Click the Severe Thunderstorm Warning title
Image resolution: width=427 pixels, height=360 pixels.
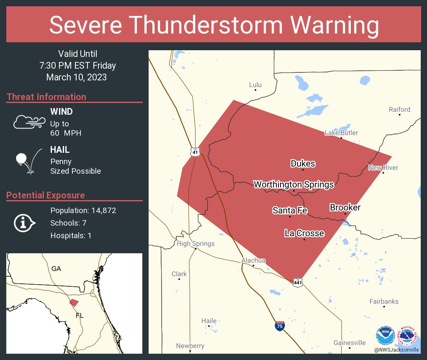click(213, 25)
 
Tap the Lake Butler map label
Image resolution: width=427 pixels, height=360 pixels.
click(341, 133)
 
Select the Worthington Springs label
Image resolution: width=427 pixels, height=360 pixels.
click(294, 184)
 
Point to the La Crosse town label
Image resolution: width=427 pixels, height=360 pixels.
click(304, 233)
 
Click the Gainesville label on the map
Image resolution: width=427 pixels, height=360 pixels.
click(350, 343)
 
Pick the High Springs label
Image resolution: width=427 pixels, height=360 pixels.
click(195, 244)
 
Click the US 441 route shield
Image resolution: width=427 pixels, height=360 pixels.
click(298, 283)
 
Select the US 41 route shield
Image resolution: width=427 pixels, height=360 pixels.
click(195, 152)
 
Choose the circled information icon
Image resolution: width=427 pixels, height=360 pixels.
click(25, 223)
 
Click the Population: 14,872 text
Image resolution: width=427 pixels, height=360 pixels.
click(83, 210)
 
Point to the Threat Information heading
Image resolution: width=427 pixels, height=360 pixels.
click(46, 97)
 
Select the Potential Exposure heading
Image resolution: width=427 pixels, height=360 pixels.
click(46, 195)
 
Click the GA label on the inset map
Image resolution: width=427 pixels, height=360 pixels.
click(56, 269)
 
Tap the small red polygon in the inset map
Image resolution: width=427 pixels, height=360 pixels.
click(74, 302)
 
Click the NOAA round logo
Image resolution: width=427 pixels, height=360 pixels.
click(385, 336)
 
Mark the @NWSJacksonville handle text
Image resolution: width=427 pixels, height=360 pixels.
click(396, 350)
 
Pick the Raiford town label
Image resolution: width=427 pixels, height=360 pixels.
click(399, 109)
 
